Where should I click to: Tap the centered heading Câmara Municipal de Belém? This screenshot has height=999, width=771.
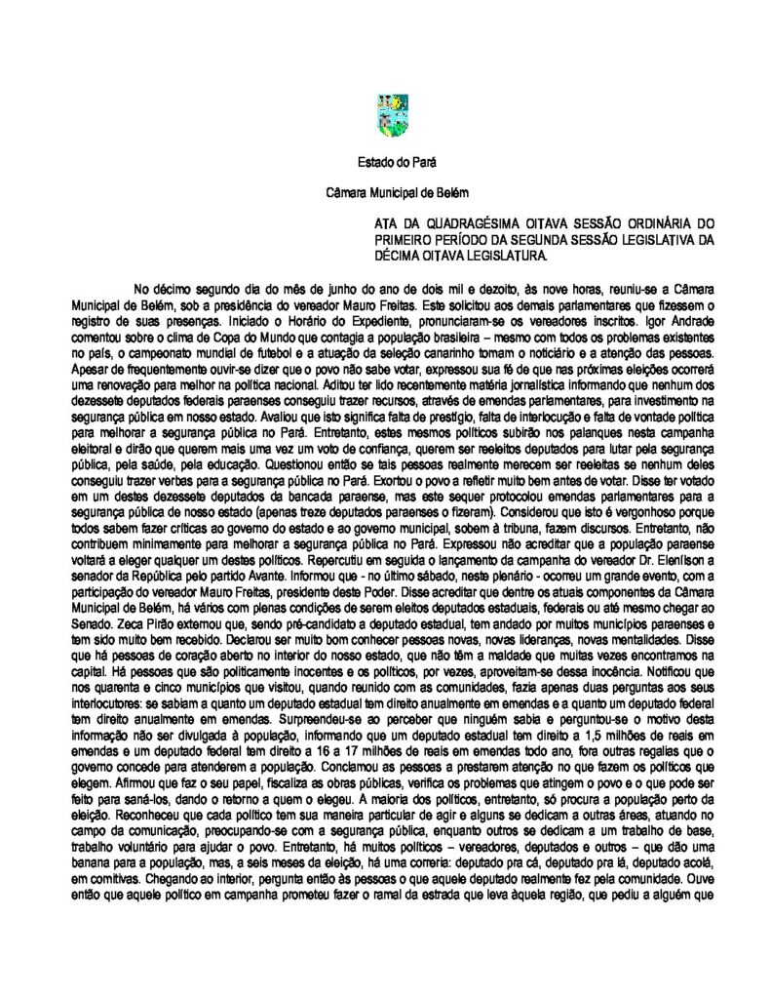point(384,195)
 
